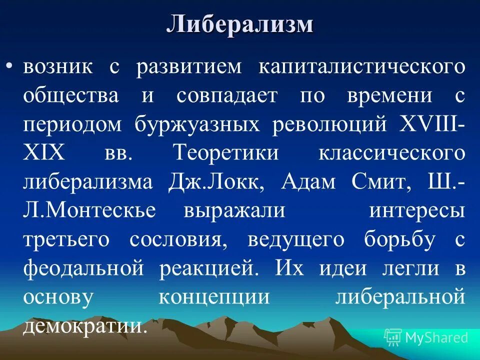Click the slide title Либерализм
click(240, 24)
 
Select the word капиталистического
click(361, 67)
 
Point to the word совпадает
click(226, 95)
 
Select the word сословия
click(175, 239)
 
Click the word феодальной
click(83, 268)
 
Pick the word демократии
click(85, 326)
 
